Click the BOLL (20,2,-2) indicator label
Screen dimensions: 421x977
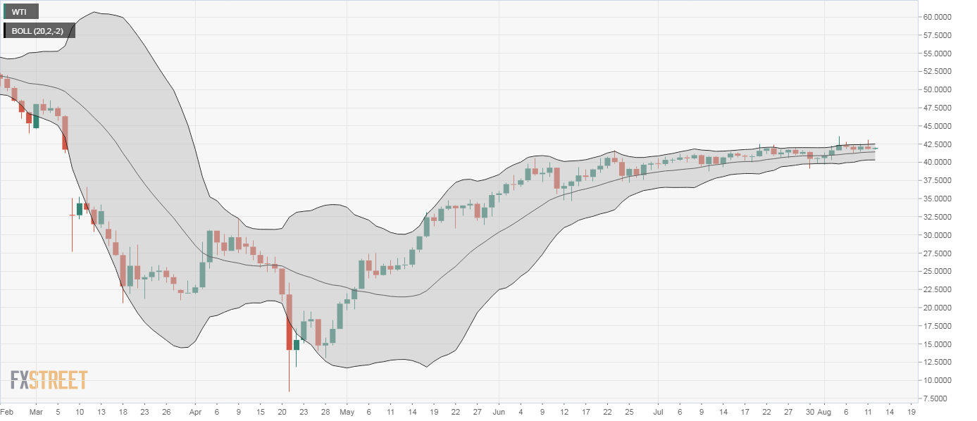click(x=39, y=31)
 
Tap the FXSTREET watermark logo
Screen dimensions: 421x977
click(x=49, y=381)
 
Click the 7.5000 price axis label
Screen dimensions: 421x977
click(x=943, y=398)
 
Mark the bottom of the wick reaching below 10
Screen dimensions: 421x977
click(x=289, y=391)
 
